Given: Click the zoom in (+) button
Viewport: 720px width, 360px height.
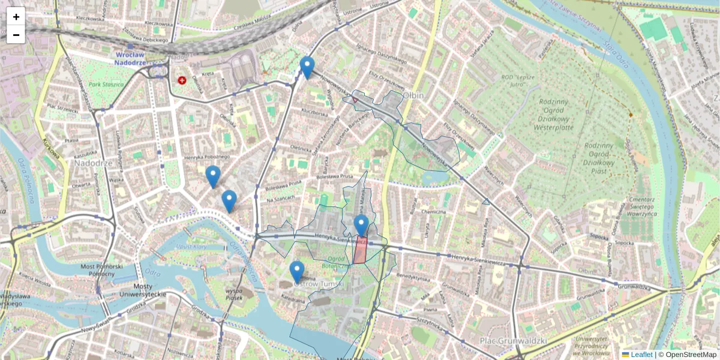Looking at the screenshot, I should (x=16, y=17).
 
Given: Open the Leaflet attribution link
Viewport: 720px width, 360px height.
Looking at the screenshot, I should (x=641, y=355).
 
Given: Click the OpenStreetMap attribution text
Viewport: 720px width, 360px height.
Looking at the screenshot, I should (x=691, y=355).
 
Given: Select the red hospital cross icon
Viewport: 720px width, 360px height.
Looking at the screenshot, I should (x=182, y=80).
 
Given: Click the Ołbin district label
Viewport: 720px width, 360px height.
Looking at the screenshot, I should (x=413, y=96).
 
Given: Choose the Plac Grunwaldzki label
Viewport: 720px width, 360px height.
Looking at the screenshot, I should (x=513, y=341).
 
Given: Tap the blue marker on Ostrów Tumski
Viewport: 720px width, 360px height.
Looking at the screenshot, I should (x=297, y=271).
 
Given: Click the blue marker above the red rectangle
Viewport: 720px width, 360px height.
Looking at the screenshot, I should (x=361, y=225).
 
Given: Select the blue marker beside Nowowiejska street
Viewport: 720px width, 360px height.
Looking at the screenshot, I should (x=307, y=67).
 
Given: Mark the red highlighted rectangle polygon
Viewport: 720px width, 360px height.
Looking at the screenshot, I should (x=360, y=250).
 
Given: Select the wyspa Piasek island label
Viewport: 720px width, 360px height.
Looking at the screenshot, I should (x=233, y=295).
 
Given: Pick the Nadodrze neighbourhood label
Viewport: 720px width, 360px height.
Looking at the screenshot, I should (x=91, y=163).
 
